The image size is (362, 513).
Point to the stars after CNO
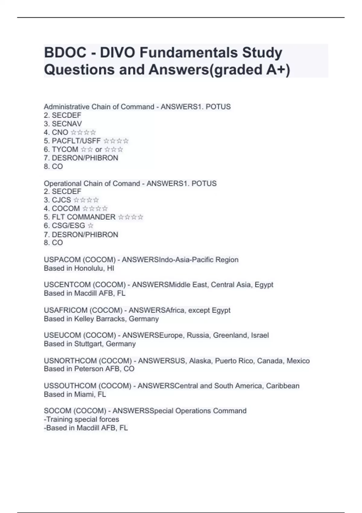pyautogui.click(x=83, y=132)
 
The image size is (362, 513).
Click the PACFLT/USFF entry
pyautogui.click(x=76, y=141)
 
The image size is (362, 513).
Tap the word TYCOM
pyautogui.click(x=65, y=149)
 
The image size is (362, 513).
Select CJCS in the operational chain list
pyautogui.click(x=61, y=200)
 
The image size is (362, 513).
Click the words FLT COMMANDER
pyautogui.click(x=83, y=217)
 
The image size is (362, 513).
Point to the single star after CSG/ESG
pyautogui.click(x=90, y=226)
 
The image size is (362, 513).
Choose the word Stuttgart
pyautogui.click(x=88, y=344)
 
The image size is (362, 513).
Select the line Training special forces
pyautogui.click(x=81, y=419)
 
